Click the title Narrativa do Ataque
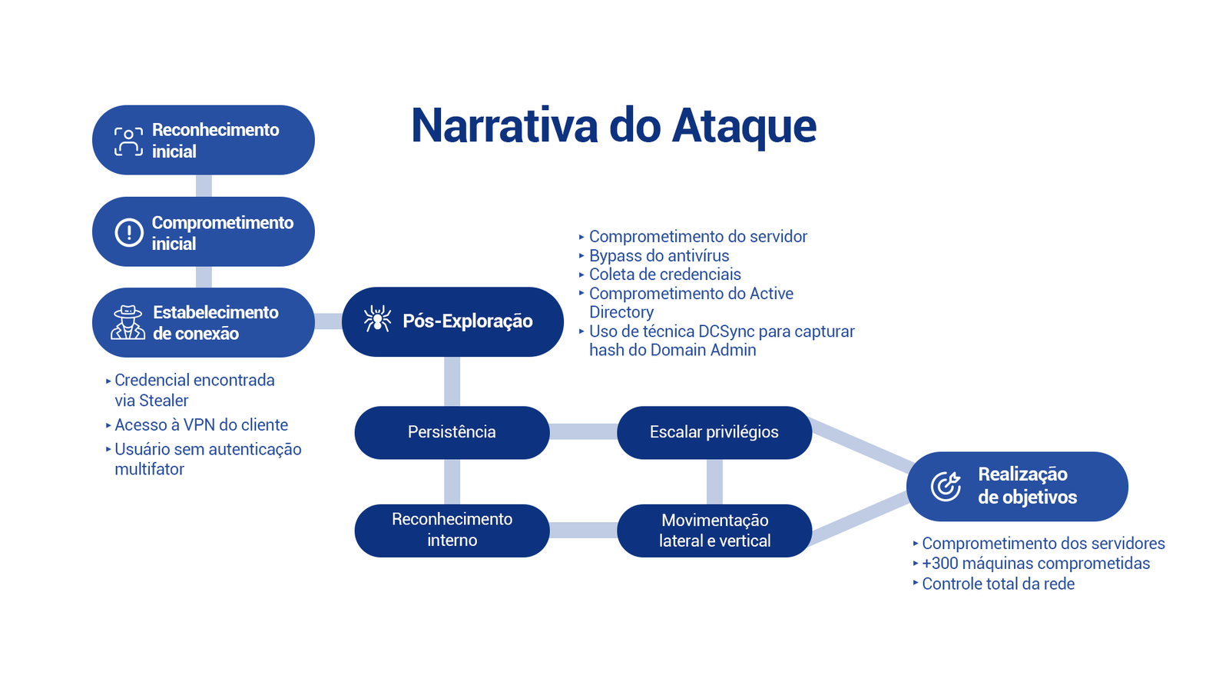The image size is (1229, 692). (613, 125)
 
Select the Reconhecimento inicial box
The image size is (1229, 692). (204, 140)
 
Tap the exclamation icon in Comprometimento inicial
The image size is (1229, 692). (129, 232)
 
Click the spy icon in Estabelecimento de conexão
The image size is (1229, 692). (128, 322)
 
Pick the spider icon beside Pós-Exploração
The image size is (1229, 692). (377, 319)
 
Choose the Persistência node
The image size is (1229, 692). (452, 432)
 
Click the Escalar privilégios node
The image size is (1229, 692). (714, 432)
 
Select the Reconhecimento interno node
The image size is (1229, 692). (452, 530)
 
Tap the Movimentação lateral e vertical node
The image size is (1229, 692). (714, 530)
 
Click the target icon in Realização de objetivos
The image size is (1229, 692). (946, 486)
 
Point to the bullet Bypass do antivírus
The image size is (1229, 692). (658, 255)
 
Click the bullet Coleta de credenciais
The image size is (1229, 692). (664, 274)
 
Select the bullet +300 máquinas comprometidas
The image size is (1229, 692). (1035, 564)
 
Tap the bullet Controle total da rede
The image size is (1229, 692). (998, 584)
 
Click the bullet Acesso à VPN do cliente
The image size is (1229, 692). (201, 424)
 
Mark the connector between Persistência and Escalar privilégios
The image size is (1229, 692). (583, 432)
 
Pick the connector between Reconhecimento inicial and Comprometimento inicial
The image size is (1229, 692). (204, 186)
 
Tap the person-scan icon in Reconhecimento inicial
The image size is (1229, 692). (128, 141)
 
